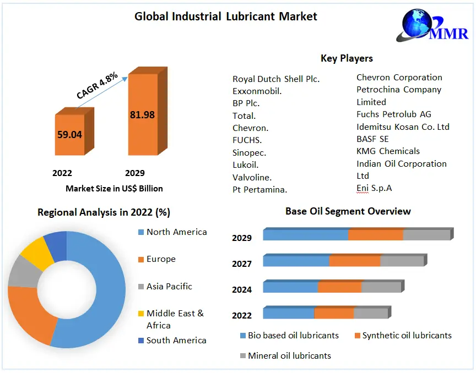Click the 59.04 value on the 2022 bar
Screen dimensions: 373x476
69,134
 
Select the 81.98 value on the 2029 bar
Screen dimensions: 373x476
142,115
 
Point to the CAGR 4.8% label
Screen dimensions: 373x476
97,86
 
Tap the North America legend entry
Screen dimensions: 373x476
176,232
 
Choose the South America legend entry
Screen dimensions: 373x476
176,341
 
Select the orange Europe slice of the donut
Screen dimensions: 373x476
30,314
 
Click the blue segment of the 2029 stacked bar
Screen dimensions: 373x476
305,235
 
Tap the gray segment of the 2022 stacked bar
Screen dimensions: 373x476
370,313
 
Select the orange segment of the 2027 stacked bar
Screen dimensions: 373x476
354,261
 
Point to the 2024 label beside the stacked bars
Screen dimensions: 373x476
242,289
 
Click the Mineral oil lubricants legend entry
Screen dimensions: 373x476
289,355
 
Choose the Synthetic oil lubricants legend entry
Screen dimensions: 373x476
407,336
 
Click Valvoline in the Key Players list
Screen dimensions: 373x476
252,177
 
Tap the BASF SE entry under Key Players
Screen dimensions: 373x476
372,139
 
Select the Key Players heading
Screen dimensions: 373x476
347,58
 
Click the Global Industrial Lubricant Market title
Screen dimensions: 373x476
226,17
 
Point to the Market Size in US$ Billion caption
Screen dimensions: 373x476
114,189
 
